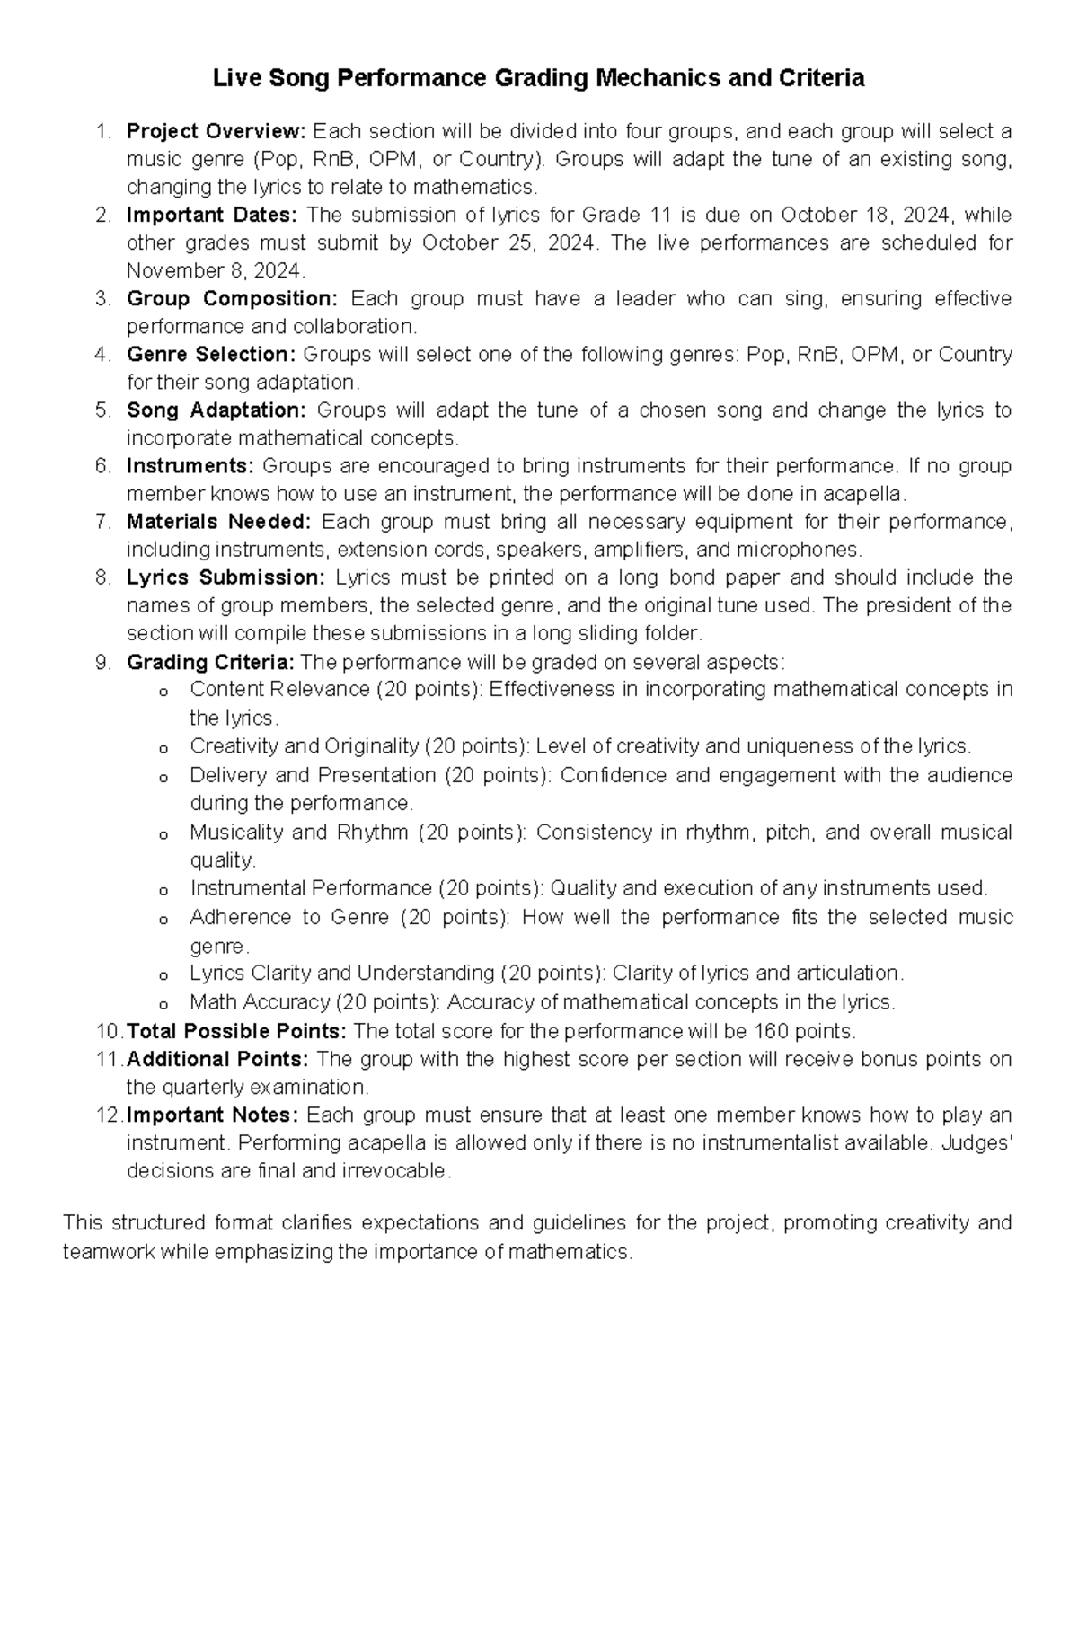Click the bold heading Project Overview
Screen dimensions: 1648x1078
click(216, 131)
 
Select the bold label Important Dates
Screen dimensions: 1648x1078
click(211, 215)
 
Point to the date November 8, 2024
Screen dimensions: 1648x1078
click(216, 271)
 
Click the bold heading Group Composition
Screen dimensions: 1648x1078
click(232, 298)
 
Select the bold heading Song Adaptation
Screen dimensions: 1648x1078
click(216, 410)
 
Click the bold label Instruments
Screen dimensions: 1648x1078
click(190, 466)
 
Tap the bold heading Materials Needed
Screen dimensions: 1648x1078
click(218, 522)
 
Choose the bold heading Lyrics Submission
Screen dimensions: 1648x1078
click(225, 577)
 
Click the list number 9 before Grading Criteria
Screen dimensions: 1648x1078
click(101, 663)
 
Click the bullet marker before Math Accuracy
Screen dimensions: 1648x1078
click(163, 1003)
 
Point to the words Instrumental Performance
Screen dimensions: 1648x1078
click(311, 888)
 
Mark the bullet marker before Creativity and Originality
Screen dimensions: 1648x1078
click(163, 748)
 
